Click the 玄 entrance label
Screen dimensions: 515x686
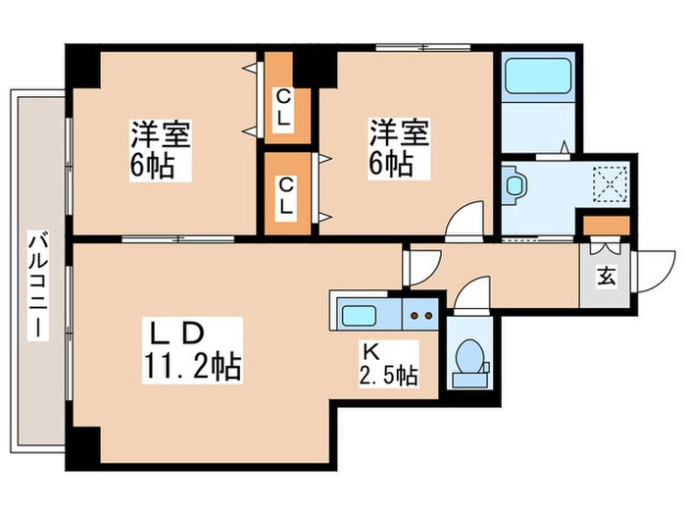click(x=606, y=277)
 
